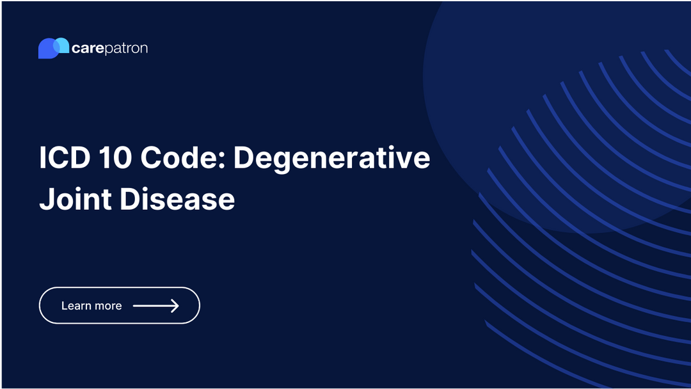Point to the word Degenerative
[x=331, y=158]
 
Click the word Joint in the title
[x=75, y=199]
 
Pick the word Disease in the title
[x=177, y=199]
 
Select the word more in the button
[x=108, y=306]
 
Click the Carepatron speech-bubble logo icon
[x=53, y=48]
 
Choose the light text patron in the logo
[x=125, y=49]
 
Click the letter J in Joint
[x=45, y=199]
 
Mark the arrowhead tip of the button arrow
[x=178, y=306]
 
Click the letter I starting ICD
[x=42, y=157]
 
